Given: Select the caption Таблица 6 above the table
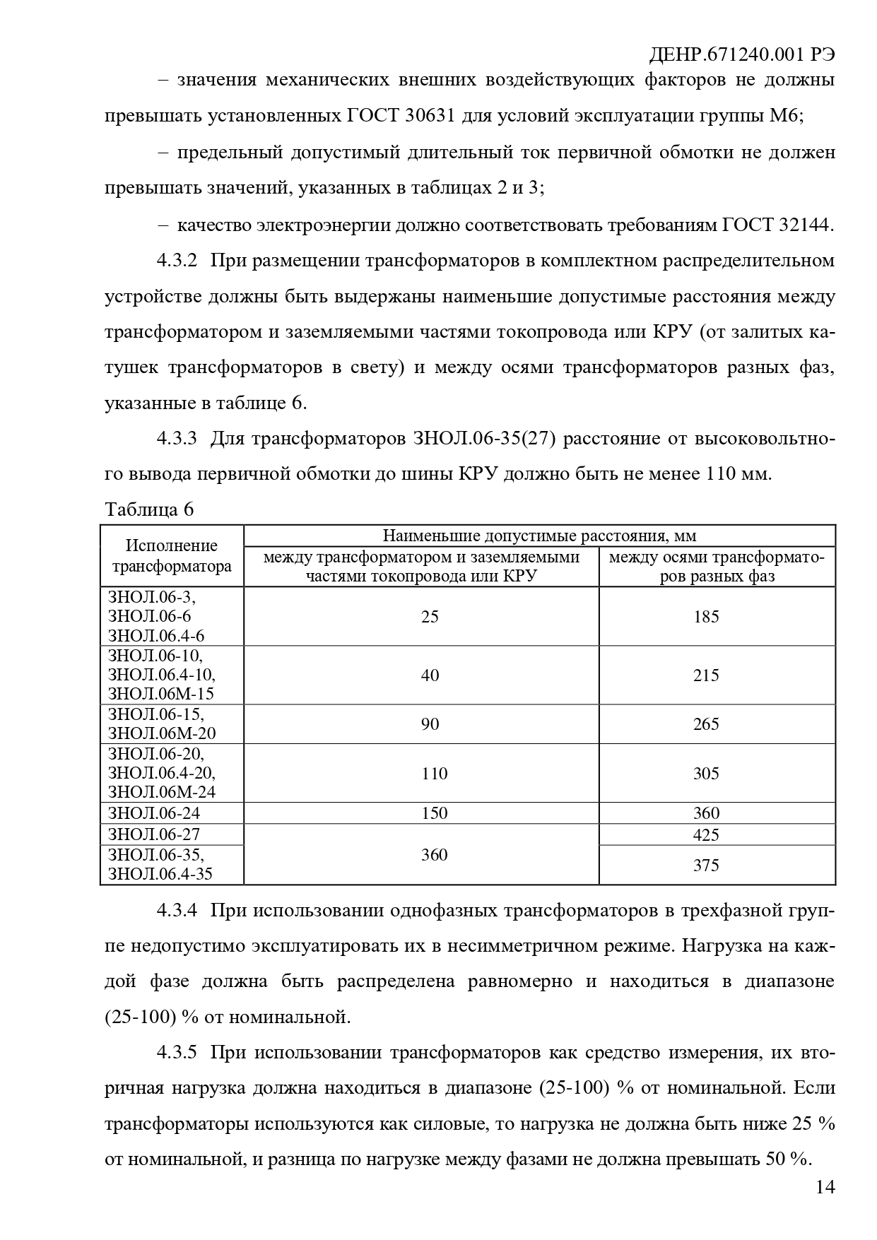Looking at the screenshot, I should click(x=149, y=509).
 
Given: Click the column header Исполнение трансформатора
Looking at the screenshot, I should click(x=172, y=556).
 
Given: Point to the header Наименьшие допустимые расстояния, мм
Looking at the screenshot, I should click(x=539, y=536).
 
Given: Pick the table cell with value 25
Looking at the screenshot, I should click(x=430, y=617).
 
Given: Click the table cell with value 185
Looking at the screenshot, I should click(x=706, y=617).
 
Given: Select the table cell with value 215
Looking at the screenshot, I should click(x=706, y=675).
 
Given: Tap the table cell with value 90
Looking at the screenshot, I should click(x=430, y=724).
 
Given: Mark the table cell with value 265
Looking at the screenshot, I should click(x=706, y=724).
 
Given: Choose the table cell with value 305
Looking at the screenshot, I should click(x=706, y=774).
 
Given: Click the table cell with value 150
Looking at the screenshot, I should click(x=434, y=813).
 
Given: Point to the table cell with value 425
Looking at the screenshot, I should click(x=706, y=835).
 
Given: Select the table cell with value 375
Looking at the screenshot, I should click(x=706, y=866).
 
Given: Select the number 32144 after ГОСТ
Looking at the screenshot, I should click(x=804, y=225).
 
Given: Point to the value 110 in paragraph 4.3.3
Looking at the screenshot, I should click(x=722, y=474).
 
